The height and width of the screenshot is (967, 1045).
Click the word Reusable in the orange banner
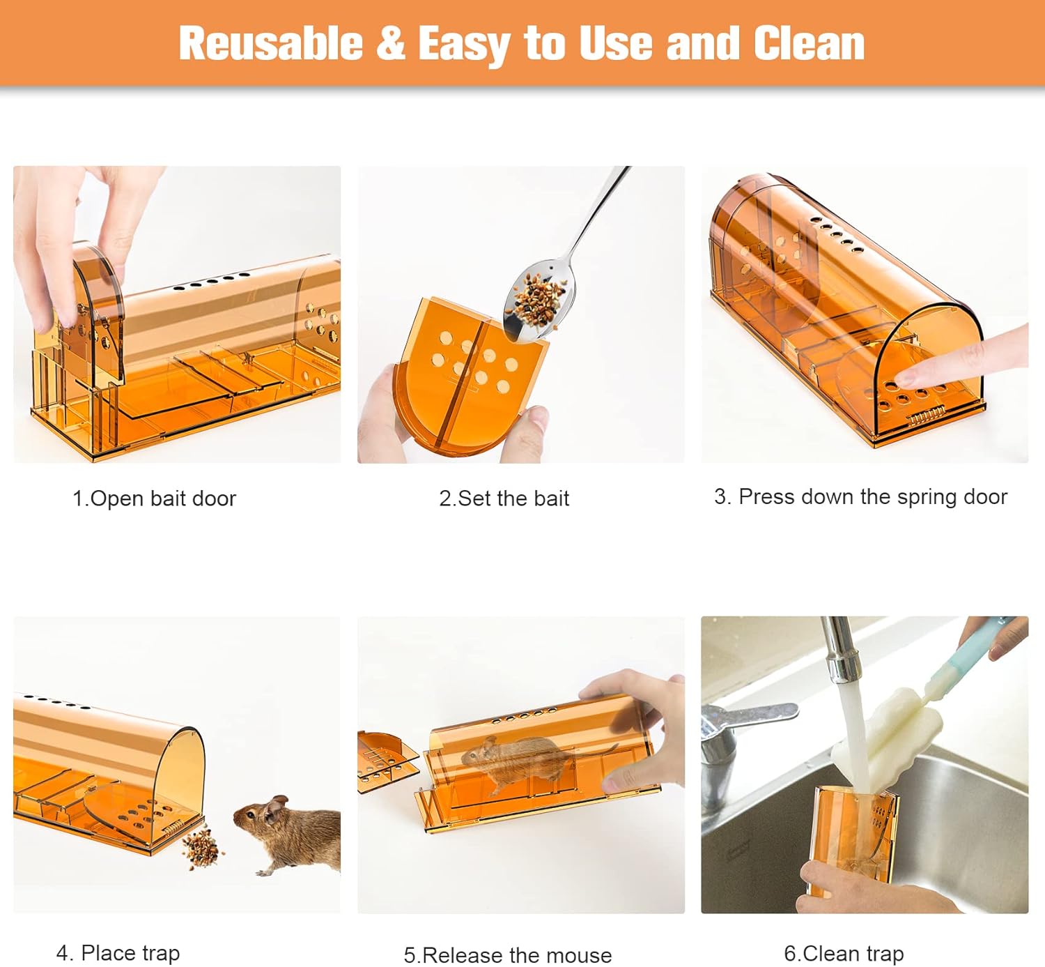pos(271,43)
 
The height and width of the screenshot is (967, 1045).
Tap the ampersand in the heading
pos(390,43)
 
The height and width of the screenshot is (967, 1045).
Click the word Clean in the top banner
pos(809,43)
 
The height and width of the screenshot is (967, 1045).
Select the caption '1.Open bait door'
pos(154,498)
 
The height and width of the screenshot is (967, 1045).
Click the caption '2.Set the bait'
pos(504,498)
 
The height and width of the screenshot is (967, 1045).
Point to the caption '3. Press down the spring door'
pos(860,497)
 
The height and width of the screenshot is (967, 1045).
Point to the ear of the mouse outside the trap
pos(277,809)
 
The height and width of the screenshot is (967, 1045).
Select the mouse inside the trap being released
pos(526,763)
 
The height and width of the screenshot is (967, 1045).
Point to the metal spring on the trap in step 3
pos(927,418)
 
